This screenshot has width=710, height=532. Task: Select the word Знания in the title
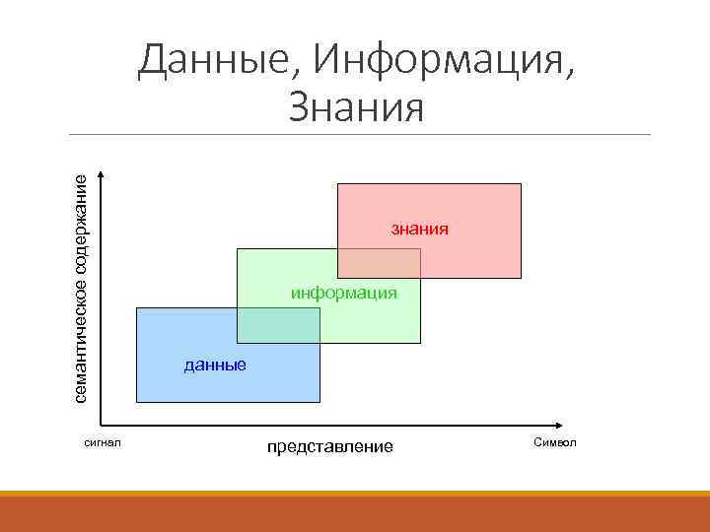point(356,107)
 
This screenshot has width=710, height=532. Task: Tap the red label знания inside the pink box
point(419,229)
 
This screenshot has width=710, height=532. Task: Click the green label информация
point(343,293)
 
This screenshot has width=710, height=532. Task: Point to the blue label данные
point(215,366)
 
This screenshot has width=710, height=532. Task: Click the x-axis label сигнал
point(103,442)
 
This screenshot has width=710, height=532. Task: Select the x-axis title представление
point(329,447)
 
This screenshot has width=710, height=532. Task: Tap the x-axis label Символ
point(554,442)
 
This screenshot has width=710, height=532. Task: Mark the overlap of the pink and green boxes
point(379,262)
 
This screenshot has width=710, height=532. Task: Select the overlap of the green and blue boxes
point(279,324)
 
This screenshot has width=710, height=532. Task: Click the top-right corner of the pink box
point(521,184)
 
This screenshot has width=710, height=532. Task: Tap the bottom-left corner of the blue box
point(136,402)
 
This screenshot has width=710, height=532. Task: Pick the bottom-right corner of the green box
point(420,342)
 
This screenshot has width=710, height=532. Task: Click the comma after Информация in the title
point(566,77)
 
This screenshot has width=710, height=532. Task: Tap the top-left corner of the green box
point(238,249)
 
